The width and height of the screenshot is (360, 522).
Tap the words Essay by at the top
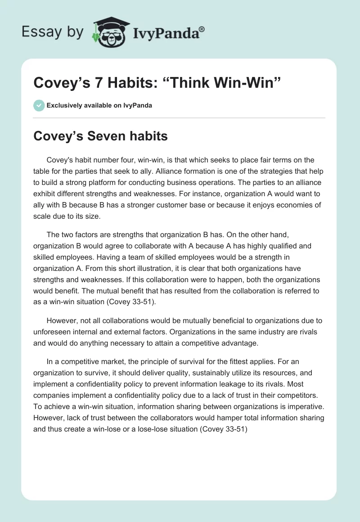pyautogui.click(x=52, y=32)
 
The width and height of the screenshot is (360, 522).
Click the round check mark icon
pyautogui.click(x=39, y=105)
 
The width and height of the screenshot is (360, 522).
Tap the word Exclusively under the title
pyautogui.click(x=64, y=105)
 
